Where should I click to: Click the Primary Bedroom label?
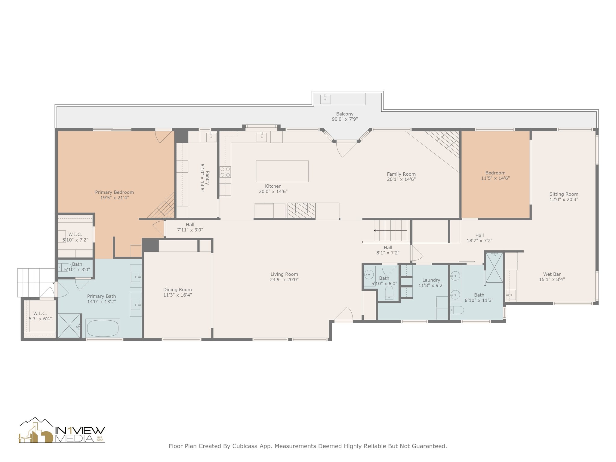(x=114, y=192)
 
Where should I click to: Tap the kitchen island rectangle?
(x=282, y=171)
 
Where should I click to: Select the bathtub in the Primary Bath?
(x=103, y=328)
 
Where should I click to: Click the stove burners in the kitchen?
(x=225, y=172)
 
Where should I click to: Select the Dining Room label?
(x=177, y=290)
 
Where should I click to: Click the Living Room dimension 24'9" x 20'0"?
(x=284, y=280)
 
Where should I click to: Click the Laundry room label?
(x=431, y=280)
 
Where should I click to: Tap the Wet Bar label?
(x=552, y=274)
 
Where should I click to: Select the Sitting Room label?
(x=564, y=194)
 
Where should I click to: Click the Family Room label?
(x=401, y=174)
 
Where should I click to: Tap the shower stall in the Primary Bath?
(x=69, y=326)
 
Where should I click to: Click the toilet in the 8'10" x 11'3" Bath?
(x=457, y=310)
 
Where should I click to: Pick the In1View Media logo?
(x=62, y=430)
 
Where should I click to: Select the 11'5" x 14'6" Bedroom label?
(x=495, y=173)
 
